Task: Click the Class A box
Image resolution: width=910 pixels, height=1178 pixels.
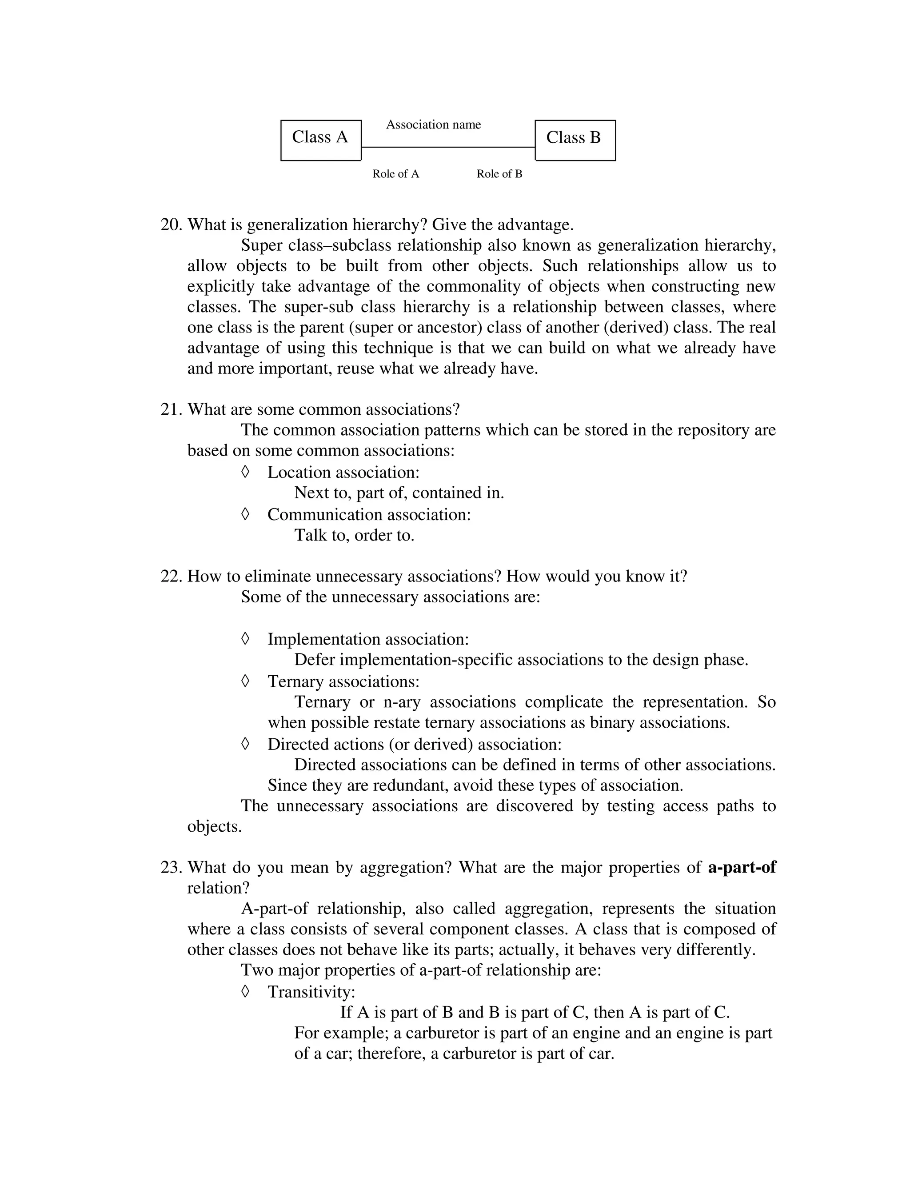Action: pos(321,140)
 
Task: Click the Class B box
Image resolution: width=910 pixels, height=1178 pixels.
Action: pos(575,140)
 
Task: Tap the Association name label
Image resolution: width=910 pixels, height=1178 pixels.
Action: pos(433,124)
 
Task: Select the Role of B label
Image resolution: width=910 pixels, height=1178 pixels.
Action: pos(499,174)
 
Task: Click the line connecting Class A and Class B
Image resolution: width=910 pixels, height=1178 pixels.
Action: pos(447,147)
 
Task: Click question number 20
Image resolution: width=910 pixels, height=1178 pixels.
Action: pos(172,224)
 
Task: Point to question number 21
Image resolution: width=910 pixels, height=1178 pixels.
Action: pos(172,409)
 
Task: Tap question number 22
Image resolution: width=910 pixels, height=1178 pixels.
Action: pos(172,576)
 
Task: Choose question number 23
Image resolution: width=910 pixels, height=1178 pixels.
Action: pos(172,867)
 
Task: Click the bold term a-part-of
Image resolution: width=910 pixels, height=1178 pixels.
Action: pos(742,867)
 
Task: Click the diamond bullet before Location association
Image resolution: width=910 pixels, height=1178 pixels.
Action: pos(245,471)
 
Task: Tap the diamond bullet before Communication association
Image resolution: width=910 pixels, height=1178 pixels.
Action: pos(245,513)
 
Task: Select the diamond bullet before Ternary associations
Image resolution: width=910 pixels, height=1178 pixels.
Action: pos(245,681)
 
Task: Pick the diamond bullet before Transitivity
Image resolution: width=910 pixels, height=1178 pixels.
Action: pos(245,991)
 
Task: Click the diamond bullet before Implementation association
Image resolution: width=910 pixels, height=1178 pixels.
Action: pos(245,639)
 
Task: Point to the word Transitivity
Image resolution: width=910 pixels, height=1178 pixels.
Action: pos(311,991)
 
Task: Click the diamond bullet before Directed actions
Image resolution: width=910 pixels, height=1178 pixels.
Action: pos(245,743)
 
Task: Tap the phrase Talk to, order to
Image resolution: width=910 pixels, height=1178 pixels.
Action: pos(354,535)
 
